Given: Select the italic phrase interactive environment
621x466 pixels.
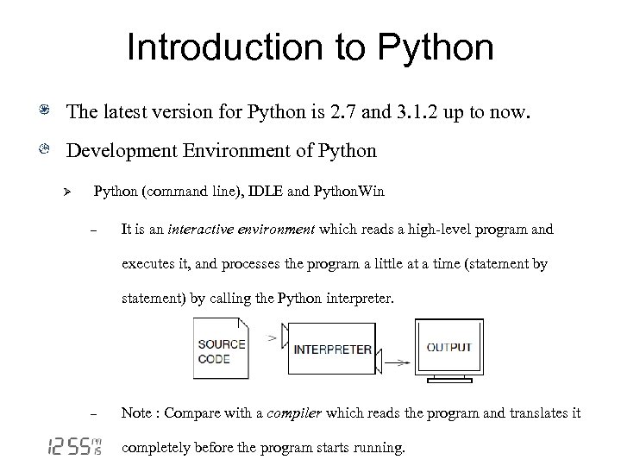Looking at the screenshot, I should [244, 230].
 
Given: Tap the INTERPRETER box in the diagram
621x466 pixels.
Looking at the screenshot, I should [333, 350].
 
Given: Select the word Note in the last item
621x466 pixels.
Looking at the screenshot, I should [136, 413].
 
